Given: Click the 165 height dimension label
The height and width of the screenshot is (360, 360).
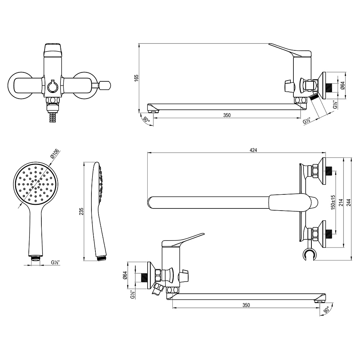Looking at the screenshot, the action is coord(136,78).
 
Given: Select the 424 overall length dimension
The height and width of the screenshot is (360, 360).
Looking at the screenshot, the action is coord(253,150).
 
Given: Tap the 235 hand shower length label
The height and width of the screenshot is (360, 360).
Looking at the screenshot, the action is coord(81,211).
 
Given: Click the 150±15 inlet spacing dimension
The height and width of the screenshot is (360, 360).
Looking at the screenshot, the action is coord(333,202).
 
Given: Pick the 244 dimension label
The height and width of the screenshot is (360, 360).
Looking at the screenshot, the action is coord(349,202).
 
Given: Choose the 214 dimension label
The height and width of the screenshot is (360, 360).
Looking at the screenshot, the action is coord(341,202).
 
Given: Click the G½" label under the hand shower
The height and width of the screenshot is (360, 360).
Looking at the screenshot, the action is coord(55,262).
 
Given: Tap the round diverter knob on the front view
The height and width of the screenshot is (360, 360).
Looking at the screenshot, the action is coord(53,86).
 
